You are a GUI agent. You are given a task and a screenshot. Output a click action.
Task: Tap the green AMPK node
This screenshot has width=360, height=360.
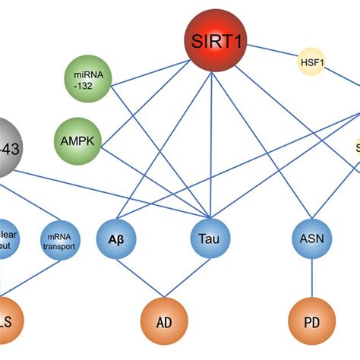[77, 141]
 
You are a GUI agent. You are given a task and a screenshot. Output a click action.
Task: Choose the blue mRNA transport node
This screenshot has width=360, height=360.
[59, 239]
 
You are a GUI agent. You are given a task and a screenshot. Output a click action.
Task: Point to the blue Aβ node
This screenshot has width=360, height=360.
[118, 238]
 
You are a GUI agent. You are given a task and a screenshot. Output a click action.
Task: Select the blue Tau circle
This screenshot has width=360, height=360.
[210, 240]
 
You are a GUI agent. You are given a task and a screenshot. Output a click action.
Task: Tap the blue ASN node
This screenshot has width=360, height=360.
[311, 240]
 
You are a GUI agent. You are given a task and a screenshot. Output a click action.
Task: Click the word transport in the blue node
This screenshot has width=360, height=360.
[59, 245]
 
